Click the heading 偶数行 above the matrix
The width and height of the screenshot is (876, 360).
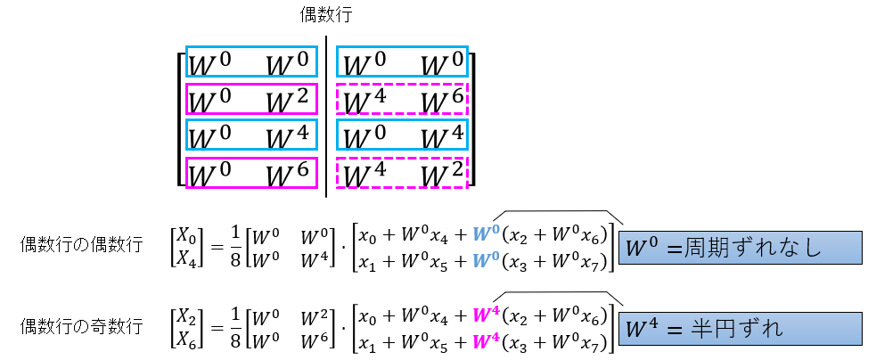[326, 16]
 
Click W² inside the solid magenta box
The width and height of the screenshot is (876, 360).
[287, 100]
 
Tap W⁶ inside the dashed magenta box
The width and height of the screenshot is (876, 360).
[443, 100]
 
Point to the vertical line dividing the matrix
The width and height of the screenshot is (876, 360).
[326, 116]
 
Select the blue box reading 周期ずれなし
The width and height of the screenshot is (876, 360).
[740, 247]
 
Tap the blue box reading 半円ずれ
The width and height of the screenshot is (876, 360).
[740, 328]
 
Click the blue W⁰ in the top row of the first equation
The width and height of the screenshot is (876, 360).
[485, 235]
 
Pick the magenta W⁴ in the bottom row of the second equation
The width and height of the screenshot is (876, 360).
[485, 337]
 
